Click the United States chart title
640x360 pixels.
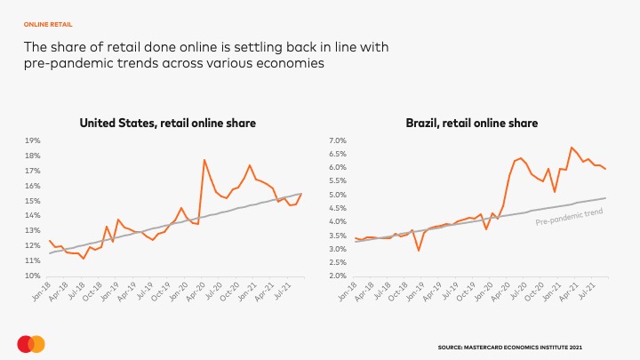tap(168, 124)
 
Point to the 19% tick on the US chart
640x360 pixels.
tap(32, 140)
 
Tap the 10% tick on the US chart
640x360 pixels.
tap(32, 276)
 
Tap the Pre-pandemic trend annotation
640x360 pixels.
tap(569, 216)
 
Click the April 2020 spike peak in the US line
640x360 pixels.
tap(204, 160)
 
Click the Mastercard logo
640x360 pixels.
tap(31, 344)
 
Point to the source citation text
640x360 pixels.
tap(510, 347)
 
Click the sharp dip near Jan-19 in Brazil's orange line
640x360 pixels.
tap(419, 251)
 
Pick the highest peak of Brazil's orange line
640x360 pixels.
tap(572, 148)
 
